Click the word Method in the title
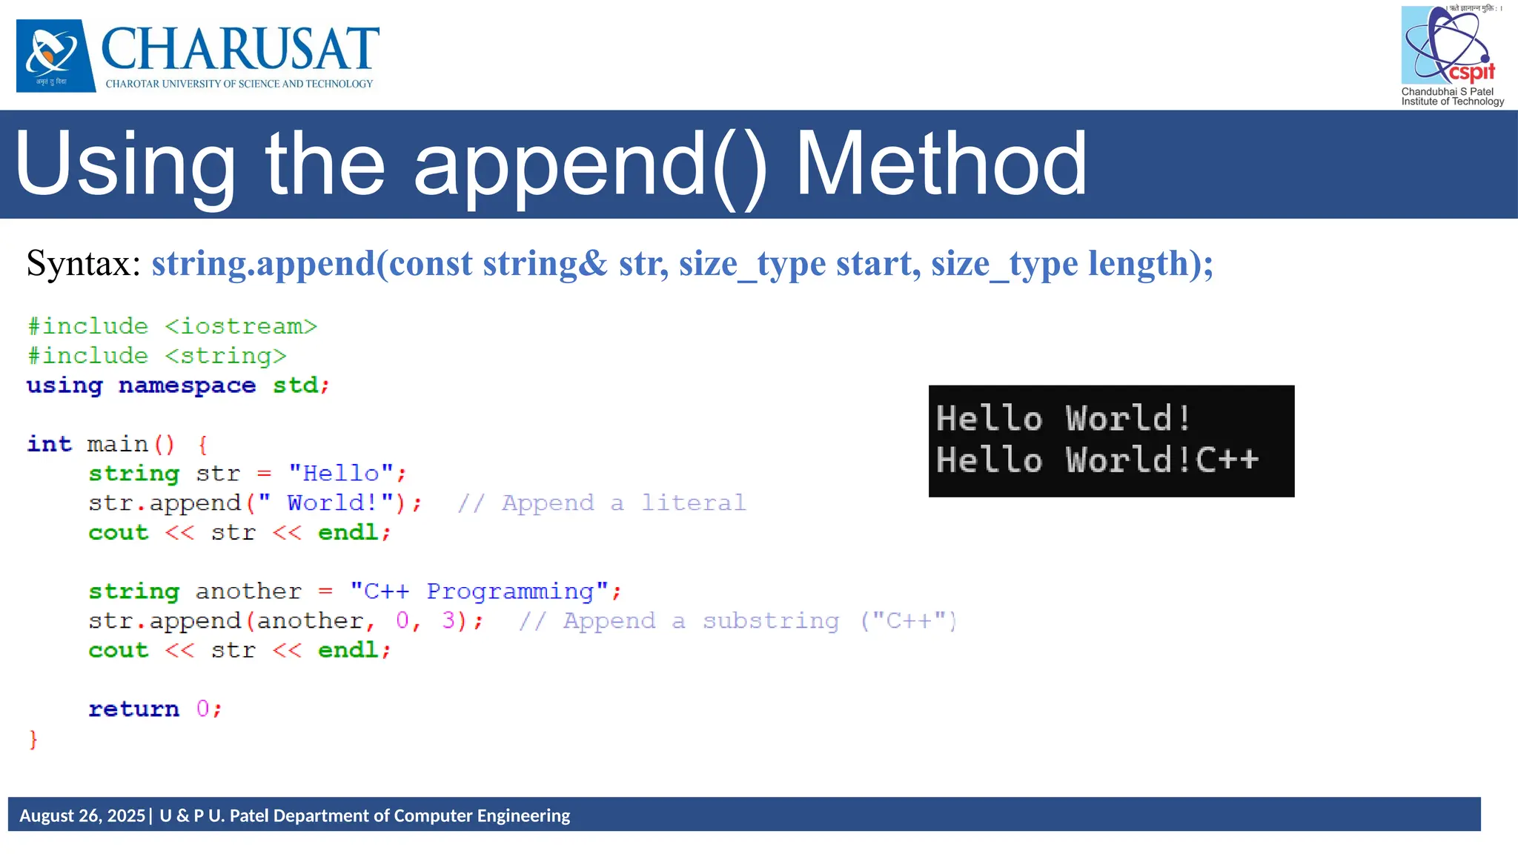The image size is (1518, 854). click(x=940, y=164)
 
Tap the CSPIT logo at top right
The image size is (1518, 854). click(x=1449, y=46)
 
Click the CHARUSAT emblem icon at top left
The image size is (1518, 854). click(x=56, y=56)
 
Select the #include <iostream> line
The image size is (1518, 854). click(x=172, y=326)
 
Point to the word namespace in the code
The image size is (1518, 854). click(x=187, y=385)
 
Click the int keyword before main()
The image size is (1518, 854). click(x=50, y=444)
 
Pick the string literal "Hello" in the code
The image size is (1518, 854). click(x=341, y=473)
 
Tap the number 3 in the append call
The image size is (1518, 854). click(x=448, y=620)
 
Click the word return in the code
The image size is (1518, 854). click(x=133, y=709)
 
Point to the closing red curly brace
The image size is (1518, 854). click(x=33, y=739)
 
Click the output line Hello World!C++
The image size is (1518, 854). click(x=1097, y=460)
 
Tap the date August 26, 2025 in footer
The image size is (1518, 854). click(x=82, y=815)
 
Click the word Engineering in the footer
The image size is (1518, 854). click(x=523, y=815)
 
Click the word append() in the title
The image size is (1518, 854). click(x=590, y=164)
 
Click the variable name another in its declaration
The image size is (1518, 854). click(x=248, y=592)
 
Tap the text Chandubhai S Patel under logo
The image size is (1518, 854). click(x=1447, y=92)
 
